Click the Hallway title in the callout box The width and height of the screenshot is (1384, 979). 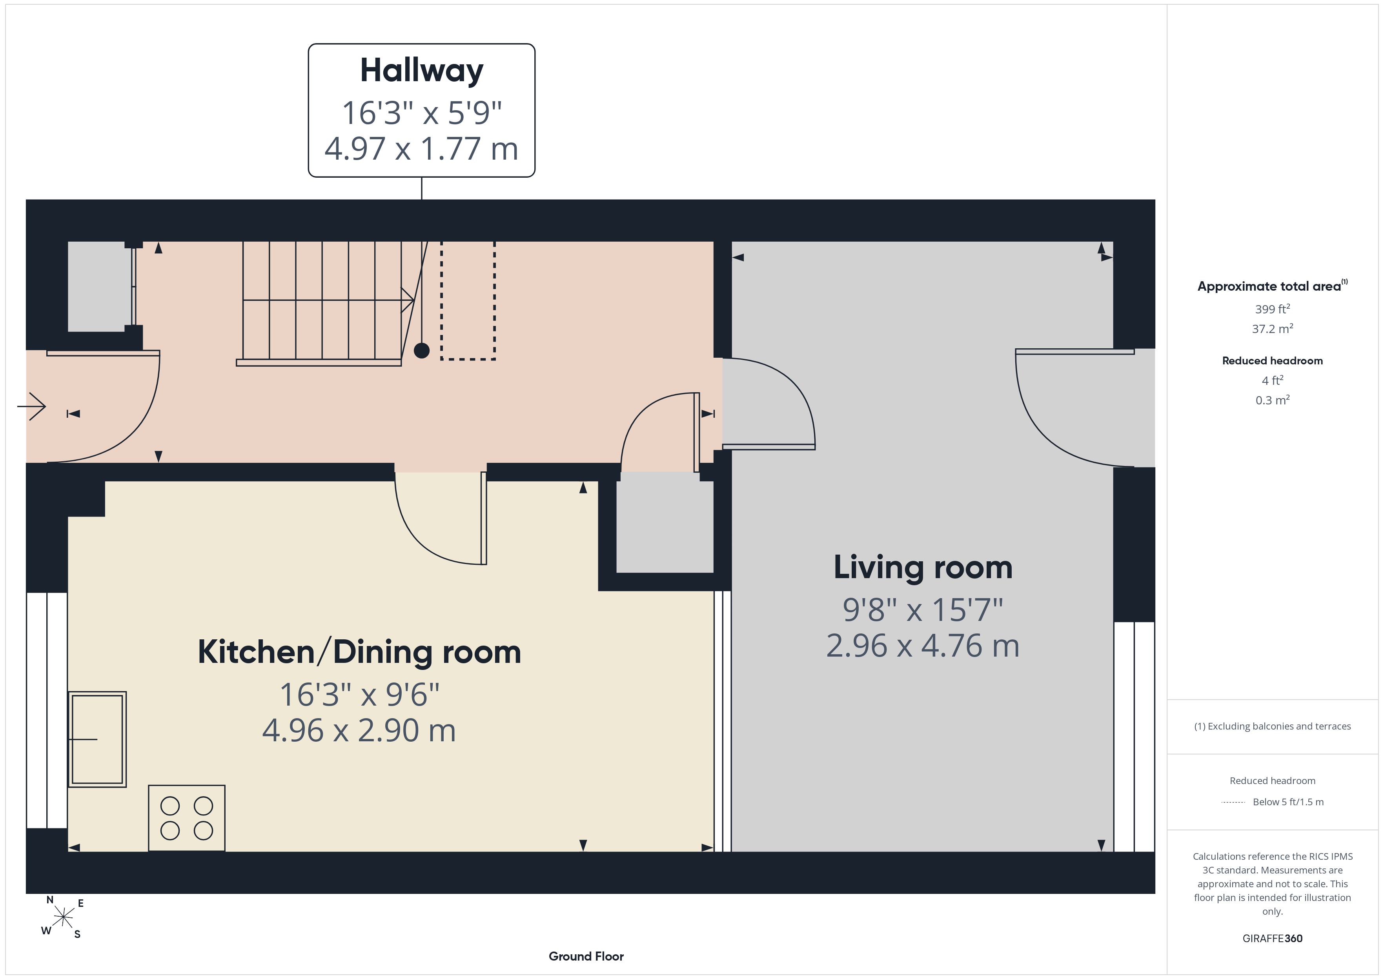point(421,71)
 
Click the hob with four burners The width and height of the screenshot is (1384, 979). point(187,818)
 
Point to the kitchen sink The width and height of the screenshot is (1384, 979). point(97,739)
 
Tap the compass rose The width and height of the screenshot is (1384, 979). point(63,917)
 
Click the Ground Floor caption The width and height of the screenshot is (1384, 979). point(586,956)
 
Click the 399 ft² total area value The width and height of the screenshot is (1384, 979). point(1273,309)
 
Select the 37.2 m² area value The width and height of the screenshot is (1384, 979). point(1273,329)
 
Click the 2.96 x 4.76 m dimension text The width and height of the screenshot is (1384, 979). point(923,646)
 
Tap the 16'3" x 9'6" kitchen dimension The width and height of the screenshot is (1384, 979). point(359,695)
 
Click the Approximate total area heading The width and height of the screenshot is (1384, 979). point(1273,286)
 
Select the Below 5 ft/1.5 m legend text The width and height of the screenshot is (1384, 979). point(1288,802)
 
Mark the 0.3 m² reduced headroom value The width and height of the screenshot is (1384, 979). point(1273,400)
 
